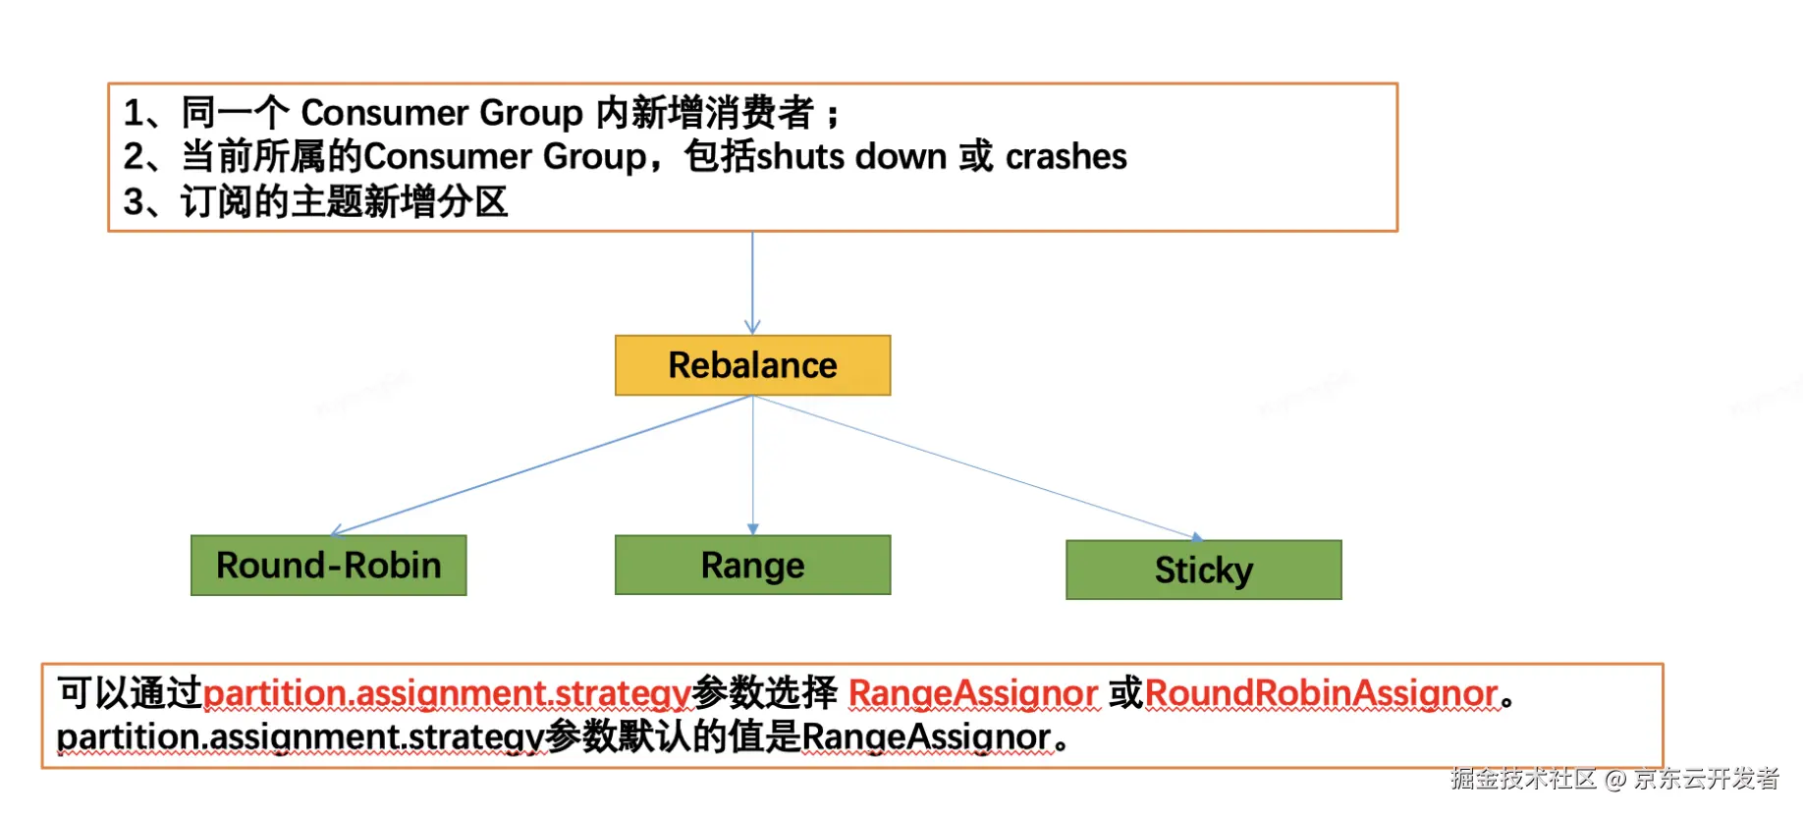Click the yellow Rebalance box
[752, 365]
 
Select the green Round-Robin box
[328, 566]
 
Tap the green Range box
[752, 566]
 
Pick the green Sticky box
[1203, 570]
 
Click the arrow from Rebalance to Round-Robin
[540, 465]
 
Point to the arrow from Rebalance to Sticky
[977, 467]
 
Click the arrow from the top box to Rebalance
[752, 283]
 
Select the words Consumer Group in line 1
[441, 113]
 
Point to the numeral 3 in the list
[134, 202]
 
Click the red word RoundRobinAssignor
[1321, 693]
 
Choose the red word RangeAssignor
[972, 693]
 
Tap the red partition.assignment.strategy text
[447, 694]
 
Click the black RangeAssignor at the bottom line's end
[926, 737]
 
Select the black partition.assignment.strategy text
[300, 737]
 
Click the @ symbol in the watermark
[1615, 780]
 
